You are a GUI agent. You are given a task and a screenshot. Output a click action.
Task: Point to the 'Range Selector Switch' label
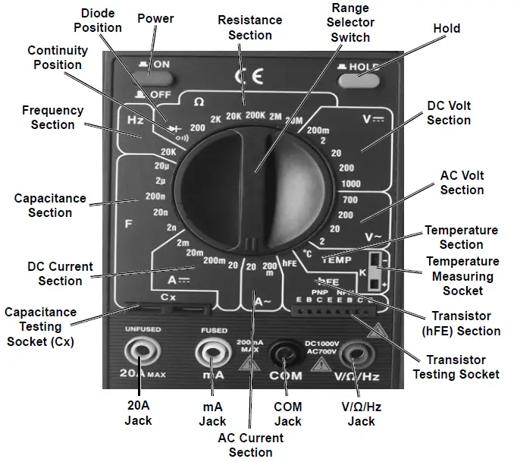click(349, 22)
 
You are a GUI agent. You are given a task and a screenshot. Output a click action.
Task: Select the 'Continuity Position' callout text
click(58, 58)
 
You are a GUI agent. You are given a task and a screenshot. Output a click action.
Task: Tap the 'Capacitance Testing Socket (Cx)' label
click(41, 326)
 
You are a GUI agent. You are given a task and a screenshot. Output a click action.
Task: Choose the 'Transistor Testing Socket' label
click(456, 366)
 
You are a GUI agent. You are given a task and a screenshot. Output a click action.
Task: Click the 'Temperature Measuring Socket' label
click(462, 275)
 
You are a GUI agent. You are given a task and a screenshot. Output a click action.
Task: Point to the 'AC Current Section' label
click(250, 445)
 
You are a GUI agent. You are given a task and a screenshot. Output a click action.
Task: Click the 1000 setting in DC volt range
click(350, 184)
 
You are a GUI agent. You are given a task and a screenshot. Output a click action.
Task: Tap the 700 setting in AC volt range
click(348, 200)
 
